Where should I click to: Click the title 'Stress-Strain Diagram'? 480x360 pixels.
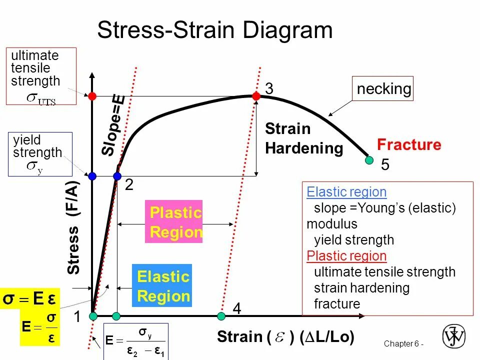pyautogui.click(x=215, y=30)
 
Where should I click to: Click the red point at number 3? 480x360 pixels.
pyautogui.click(x=256, y=95)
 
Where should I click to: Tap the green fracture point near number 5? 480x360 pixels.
pyautogui.click(x=369, y=160)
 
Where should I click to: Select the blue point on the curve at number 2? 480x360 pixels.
pyautogui.click(x=117, y=176)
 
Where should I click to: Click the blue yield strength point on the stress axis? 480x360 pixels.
pyautogui.click(x=92, y=176)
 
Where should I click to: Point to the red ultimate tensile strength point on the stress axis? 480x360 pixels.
pyautogui.click(x=92, y=95)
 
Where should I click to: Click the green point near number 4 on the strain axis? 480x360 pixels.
pyautogui.click(x=221, y=316)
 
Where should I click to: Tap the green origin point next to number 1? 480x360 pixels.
pyautogui.click(x=93, y=316)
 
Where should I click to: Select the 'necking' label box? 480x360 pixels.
pyautogui.click(x=383, y=89)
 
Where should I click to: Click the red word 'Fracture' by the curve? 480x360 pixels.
pyautogui.click(x=409, y=145)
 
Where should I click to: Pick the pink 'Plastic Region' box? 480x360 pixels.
pyautogui.click(x=174, y=221)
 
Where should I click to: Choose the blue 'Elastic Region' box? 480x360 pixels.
pyautogui.click(x=162, y=285)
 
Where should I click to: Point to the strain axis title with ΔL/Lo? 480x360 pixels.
pyautogui.click(x=285, y=337)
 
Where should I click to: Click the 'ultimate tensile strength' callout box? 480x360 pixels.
pyautogui.click(x=41, y=76)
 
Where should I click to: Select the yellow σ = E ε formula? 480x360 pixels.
pyautogui.click(x=30, y=299)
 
